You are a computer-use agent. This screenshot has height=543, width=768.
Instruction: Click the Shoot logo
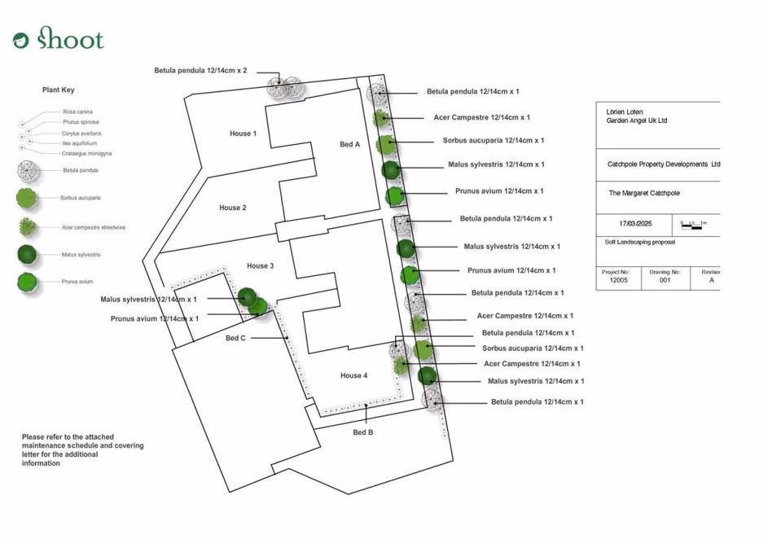pyautogui.click(x=59, y=38)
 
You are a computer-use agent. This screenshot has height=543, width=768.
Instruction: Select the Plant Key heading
pyautogui.click(x=59, y=90)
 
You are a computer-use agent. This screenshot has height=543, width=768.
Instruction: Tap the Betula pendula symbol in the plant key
pyautogui.click(x=29, y=171)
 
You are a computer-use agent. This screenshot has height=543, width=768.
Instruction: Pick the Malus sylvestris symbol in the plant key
pyautogui.click(x=28, y=255)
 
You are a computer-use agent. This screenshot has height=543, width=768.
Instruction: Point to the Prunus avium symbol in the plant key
pyautogui.click(x=28, y=282)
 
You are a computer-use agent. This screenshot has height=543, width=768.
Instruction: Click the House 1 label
pyautogui.click(x=243, y=134)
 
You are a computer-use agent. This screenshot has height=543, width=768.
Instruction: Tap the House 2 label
pyautogui.click(x=232, y=208)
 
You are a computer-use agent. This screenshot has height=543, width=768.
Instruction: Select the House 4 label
pyautogui.click(x=353, y=375)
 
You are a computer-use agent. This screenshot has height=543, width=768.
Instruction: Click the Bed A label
pyautogui.click(x=349, y=144)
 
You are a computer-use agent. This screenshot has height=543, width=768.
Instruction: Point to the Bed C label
pyautogui.click(x=235, y=338)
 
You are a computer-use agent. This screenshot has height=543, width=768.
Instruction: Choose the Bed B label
pyautogui.click(x=363, y=432)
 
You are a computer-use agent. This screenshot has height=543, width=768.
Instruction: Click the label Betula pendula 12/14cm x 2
pyautogui.click(x=200, y=71)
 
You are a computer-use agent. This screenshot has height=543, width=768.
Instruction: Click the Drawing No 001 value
pyautogui.click(x=665, y=280)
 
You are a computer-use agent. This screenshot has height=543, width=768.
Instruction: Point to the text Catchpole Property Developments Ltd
pyautogui.click(x=663, y=164)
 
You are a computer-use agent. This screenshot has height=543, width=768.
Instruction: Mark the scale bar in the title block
pyautogui.click(x=693, y=223)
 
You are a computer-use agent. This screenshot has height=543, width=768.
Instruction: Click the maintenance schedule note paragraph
pyautogui.click(x=82, y=450)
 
